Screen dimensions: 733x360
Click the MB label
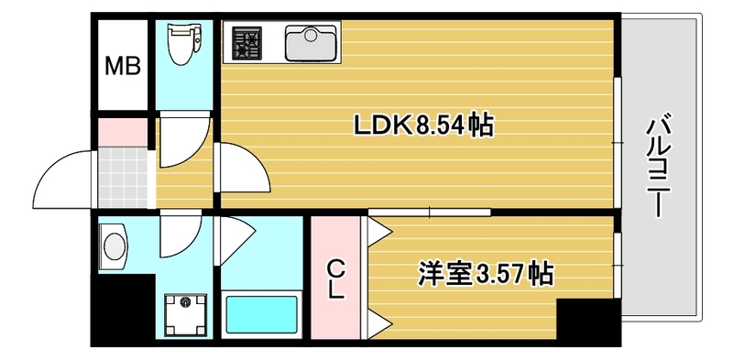pyautogui.click(x=122, y=67)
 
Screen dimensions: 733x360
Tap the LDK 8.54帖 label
pyautogui.click(x=424, y=125)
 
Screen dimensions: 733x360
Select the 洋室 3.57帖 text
pyautogui.click(x=486, y=272)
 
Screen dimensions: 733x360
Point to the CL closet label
pyautogui.click(x=337, y=279)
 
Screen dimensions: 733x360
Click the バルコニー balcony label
pyautogui.click(x=656, y=166)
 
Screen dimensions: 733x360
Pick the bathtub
pyautogui.click(x=262, y=315)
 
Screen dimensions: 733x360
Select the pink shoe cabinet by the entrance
pyautogui.click(x=121, y=132)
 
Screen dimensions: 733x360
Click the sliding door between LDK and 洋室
pyautogui.click(x=431, y=213)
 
